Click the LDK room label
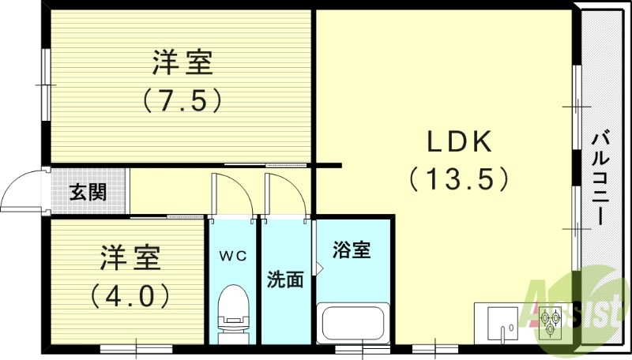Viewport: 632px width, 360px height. coord(460,143)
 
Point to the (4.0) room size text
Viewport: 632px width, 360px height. coord(130,295)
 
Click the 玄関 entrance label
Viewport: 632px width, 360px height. coord(87,192)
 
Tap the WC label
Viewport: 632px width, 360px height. coord(233,256)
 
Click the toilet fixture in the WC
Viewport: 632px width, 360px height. coord(233,310)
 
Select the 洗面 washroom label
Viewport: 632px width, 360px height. coord(285,279)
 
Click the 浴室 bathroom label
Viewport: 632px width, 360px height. coord(352,251)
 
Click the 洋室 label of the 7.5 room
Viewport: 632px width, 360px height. coord(182,62)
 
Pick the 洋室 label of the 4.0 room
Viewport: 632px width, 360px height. coord(130,258)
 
